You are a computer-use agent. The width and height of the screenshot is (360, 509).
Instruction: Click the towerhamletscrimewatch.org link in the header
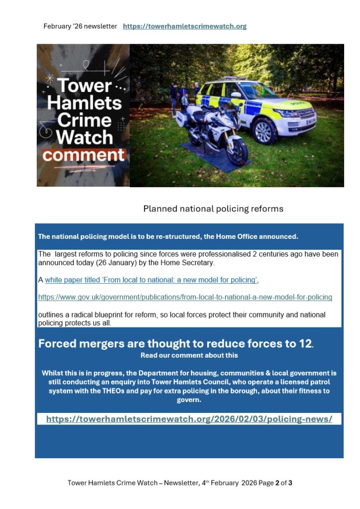click(184, 26)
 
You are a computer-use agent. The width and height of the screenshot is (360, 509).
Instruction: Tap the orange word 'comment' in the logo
click(84, 155)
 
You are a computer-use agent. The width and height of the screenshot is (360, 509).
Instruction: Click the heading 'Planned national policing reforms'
click(213, 208)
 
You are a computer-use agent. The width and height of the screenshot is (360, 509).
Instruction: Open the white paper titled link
click(151, 280)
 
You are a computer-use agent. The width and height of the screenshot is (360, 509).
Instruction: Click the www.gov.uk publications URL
click(185, 297)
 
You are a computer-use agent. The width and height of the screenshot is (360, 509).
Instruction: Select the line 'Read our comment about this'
click(189, 355)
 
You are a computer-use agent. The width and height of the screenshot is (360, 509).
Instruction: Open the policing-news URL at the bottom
click(189, 419)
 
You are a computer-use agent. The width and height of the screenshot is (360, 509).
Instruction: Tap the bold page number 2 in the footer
click(277, 483)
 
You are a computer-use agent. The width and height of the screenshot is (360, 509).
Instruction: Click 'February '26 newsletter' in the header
click(80, 26)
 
